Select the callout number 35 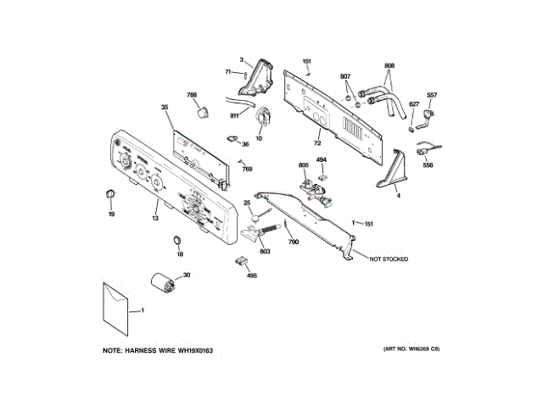point(165,108)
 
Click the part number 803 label point(265,252)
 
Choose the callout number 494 point(322,160)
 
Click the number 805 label point(304,164)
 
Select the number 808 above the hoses point(389,66)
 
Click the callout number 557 point(432,94)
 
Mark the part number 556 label point(428,164)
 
